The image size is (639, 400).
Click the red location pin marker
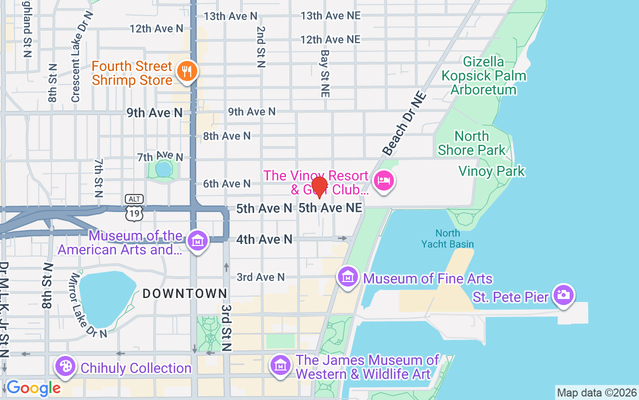(319, 187)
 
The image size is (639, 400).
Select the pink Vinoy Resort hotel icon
(383, 180)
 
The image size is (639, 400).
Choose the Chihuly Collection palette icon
(65, 366)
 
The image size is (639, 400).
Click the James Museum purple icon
(281, 365)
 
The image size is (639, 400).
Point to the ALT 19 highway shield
(134, 208)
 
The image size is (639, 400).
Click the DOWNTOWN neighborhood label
(185, 294)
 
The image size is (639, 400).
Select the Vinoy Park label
(492, 171)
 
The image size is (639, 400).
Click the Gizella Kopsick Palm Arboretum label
(483, 76)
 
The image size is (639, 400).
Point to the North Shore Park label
(472, 143)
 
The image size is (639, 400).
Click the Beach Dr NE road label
(404, 123)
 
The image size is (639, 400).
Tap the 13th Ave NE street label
(330, 15)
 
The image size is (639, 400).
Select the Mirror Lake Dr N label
(88, 305)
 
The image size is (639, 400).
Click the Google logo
(33, 387)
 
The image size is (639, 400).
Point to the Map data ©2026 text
(597, 392)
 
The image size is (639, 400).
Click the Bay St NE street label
(325, 73)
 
